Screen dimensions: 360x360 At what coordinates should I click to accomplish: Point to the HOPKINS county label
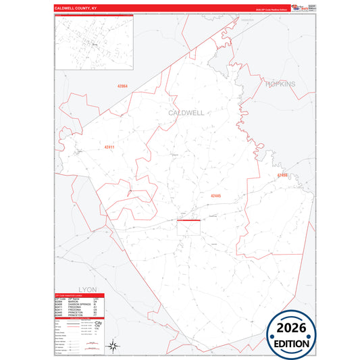pos(280,84)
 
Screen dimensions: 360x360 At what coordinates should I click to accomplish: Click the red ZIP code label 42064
pos(122,86)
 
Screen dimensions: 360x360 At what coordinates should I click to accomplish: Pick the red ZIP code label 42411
pos(109,147)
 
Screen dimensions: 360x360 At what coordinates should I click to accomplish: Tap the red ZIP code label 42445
pos(215,196)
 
